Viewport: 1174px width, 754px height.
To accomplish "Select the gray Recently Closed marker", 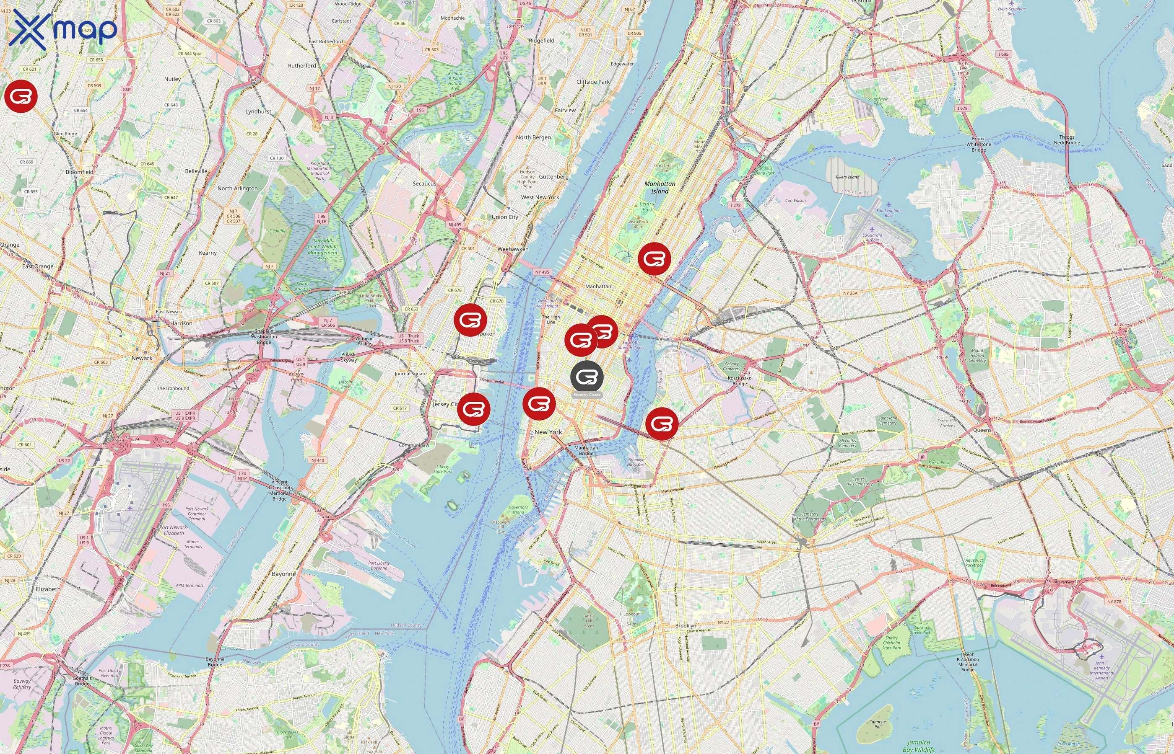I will [587, 377].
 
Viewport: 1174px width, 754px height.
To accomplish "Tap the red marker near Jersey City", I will [473, 408].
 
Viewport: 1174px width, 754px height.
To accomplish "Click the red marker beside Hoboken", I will [470, 319].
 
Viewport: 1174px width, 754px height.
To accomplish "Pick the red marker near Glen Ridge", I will [21, 96].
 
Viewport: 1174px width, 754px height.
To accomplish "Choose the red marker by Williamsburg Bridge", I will [662, 423].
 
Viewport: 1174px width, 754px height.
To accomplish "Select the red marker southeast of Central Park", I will [654, 258].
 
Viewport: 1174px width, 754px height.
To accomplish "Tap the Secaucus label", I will [424, 183].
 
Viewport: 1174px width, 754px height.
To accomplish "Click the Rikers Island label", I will [847, 177].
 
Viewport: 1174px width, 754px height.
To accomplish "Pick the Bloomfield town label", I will [79, 172].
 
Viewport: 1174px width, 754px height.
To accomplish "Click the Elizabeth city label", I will [48, 589].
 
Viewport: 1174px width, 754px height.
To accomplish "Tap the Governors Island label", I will [518, 510].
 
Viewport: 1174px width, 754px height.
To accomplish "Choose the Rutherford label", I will [302, 66].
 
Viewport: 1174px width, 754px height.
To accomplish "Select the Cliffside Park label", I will [593, 82].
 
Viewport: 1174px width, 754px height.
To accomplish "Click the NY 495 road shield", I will [542, 272].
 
